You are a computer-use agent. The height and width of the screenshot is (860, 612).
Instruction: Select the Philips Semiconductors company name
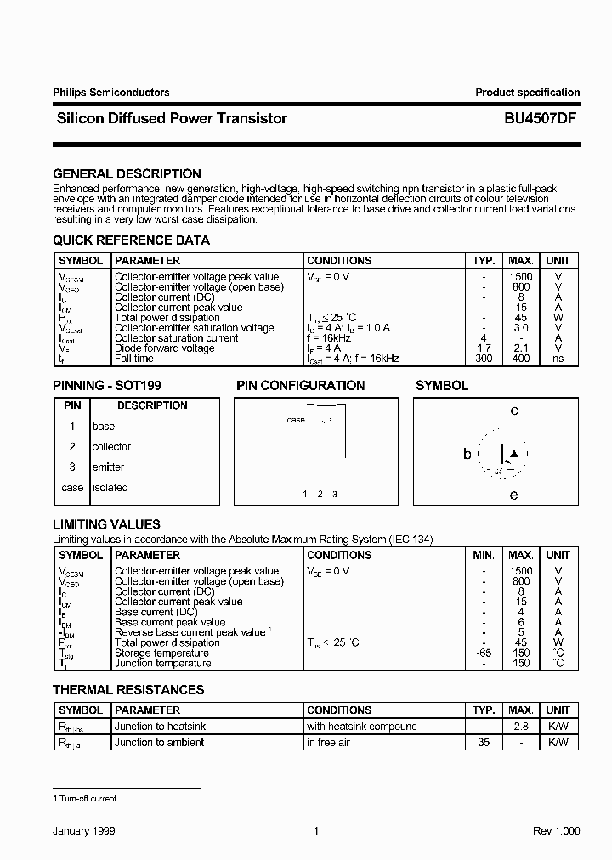tap(111, 93)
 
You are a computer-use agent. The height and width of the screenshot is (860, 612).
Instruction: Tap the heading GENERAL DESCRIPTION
tap(127, 173)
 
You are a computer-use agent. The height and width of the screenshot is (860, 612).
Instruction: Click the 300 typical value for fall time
tap(484, 359)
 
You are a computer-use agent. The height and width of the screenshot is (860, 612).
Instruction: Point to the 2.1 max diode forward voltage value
tap(521, 348)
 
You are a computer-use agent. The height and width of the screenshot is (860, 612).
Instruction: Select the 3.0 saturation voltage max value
tap(521, 328)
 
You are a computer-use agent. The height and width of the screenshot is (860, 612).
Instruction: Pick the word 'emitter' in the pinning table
tap(108, 467)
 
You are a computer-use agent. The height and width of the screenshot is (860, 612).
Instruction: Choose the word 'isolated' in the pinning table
tap(110, 488)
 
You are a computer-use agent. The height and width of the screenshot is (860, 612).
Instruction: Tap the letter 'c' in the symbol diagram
tap(514, 410)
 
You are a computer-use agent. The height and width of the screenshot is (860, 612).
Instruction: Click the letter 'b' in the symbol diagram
tap(467, 455)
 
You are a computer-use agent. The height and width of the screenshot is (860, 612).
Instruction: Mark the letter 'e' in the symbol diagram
tap(513, 495)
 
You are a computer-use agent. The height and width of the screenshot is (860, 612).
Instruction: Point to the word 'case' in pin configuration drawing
tap(296, 420)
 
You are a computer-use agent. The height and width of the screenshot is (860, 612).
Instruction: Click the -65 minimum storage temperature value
tap(484, 653)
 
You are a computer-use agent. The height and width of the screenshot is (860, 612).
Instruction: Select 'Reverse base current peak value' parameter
tap(190, 632)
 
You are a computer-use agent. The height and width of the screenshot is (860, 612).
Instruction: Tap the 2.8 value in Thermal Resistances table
tap(521, 727)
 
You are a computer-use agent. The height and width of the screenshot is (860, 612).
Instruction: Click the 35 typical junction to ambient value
tap(484, 743)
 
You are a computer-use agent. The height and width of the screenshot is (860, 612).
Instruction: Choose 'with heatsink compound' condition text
tap(362, 727)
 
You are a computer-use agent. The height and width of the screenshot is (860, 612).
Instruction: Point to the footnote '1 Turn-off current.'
tap(86, 799)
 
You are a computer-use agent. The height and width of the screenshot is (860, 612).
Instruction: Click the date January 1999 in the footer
tap(84, 831)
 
